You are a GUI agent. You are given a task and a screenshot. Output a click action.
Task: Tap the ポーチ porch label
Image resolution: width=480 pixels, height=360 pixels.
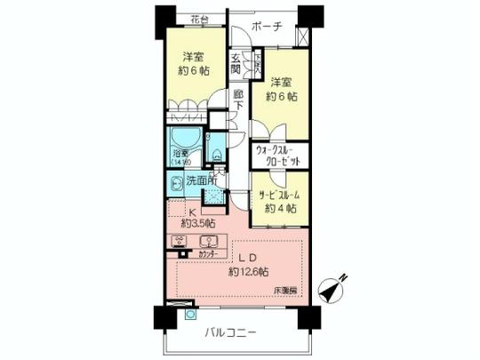266,27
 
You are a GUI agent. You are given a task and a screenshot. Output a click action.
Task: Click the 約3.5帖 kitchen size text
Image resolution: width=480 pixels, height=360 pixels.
196,223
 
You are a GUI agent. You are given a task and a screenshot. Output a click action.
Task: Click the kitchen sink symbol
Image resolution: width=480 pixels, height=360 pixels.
209,242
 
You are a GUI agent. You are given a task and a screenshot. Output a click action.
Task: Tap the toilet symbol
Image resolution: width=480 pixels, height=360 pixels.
213,151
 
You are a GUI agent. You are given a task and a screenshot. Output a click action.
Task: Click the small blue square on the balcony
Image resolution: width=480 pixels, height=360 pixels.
188,314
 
